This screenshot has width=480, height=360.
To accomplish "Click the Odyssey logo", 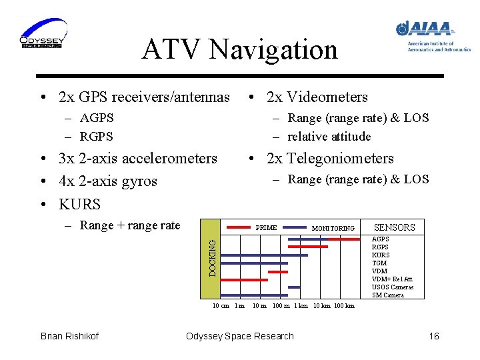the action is pos(42,33).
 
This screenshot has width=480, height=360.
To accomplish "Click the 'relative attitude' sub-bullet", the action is pos(329,137).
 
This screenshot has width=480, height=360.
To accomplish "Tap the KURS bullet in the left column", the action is pos(79,204).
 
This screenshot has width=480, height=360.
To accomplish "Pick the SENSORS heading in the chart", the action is pos(394,227).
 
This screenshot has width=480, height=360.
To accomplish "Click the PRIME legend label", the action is pos(266,228).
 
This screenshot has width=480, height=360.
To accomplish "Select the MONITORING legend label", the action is pos(333,229).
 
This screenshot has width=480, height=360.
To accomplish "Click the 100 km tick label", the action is pos(343,306).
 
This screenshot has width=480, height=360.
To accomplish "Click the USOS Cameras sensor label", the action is pos(393,287).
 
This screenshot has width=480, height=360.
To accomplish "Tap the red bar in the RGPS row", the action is pos(307,247).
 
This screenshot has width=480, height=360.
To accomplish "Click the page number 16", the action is pos(434,336).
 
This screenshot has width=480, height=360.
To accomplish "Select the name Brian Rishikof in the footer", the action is pos(69,336).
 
